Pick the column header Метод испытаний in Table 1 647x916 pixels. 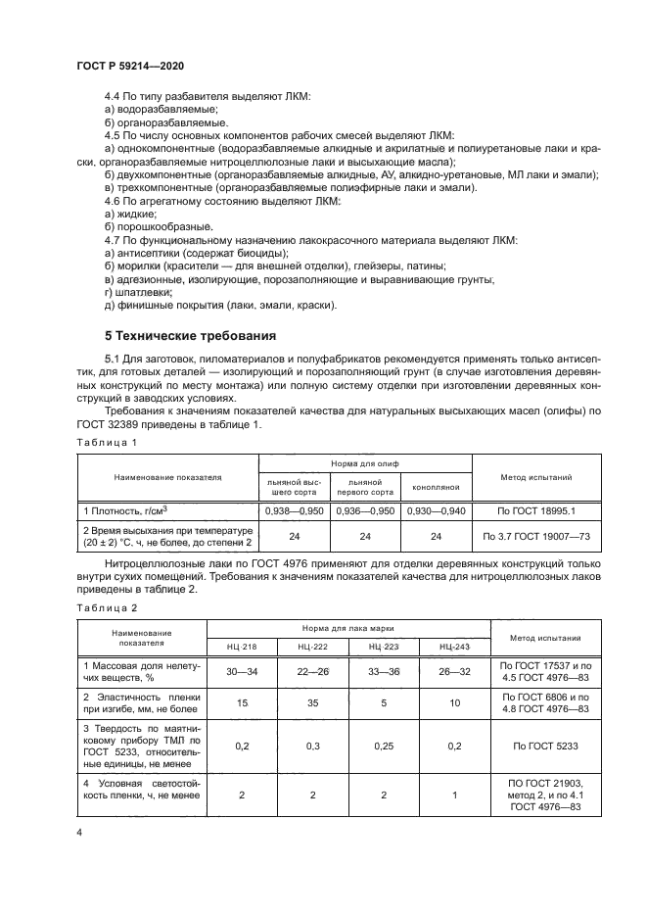pyautogui.click(x=535, y=477)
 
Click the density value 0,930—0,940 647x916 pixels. pyautogui.click(x=436, y=511)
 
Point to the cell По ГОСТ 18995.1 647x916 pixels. pyautogui.click(x=535, y=511)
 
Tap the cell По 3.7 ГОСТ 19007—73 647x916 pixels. pyautogui.click(x=535, y=536)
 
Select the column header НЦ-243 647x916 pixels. pyautogui.click(x=454, y=648)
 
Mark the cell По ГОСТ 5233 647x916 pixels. pyautogui.click(x=544, y=746)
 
